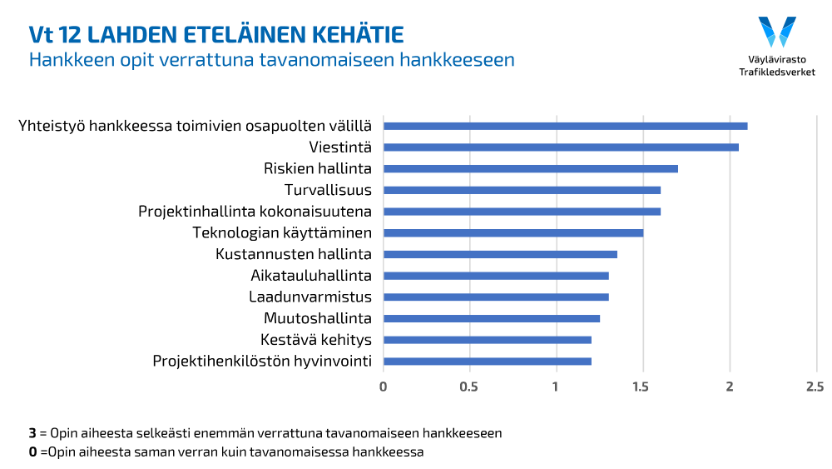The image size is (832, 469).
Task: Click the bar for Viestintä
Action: tap(561, 147)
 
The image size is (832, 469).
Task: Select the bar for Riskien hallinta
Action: tap(530, 168)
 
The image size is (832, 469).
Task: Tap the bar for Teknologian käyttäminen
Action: tap(513, 232)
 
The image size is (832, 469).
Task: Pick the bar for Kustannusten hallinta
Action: tap(500, 254)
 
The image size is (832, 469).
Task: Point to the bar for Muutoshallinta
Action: tap(491, 318)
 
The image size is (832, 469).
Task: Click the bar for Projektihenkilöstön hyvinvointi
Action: tap(487, 362)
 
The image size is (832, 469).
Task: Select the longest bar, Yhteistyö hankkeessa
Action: tap(565, 126)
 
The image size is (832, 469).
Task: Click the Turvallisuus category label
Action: tap(328, 190)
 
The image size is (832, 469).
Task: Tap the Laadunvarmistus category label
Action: tap(310, 297)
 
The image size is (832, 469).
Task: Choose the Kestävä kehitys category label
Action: tap(315, 340)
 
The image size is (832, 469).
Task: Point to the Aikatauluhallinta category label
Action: tap(310, 276)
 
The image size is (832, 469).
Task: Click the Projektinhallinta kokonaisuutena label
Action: tap(255, 212)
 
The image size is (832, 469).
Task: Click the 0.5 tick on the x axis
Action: tap(469, 387)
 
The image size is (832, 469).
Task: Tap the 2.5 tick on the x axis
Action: tap(815, 387)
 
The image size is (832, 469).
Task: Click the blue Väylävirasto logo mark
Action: tap(777, 32)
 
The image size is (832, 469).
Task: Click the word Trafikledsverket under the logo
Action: tap(777, 72)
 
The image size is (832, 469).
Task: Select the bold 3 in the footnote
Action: tap(32, 433)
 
